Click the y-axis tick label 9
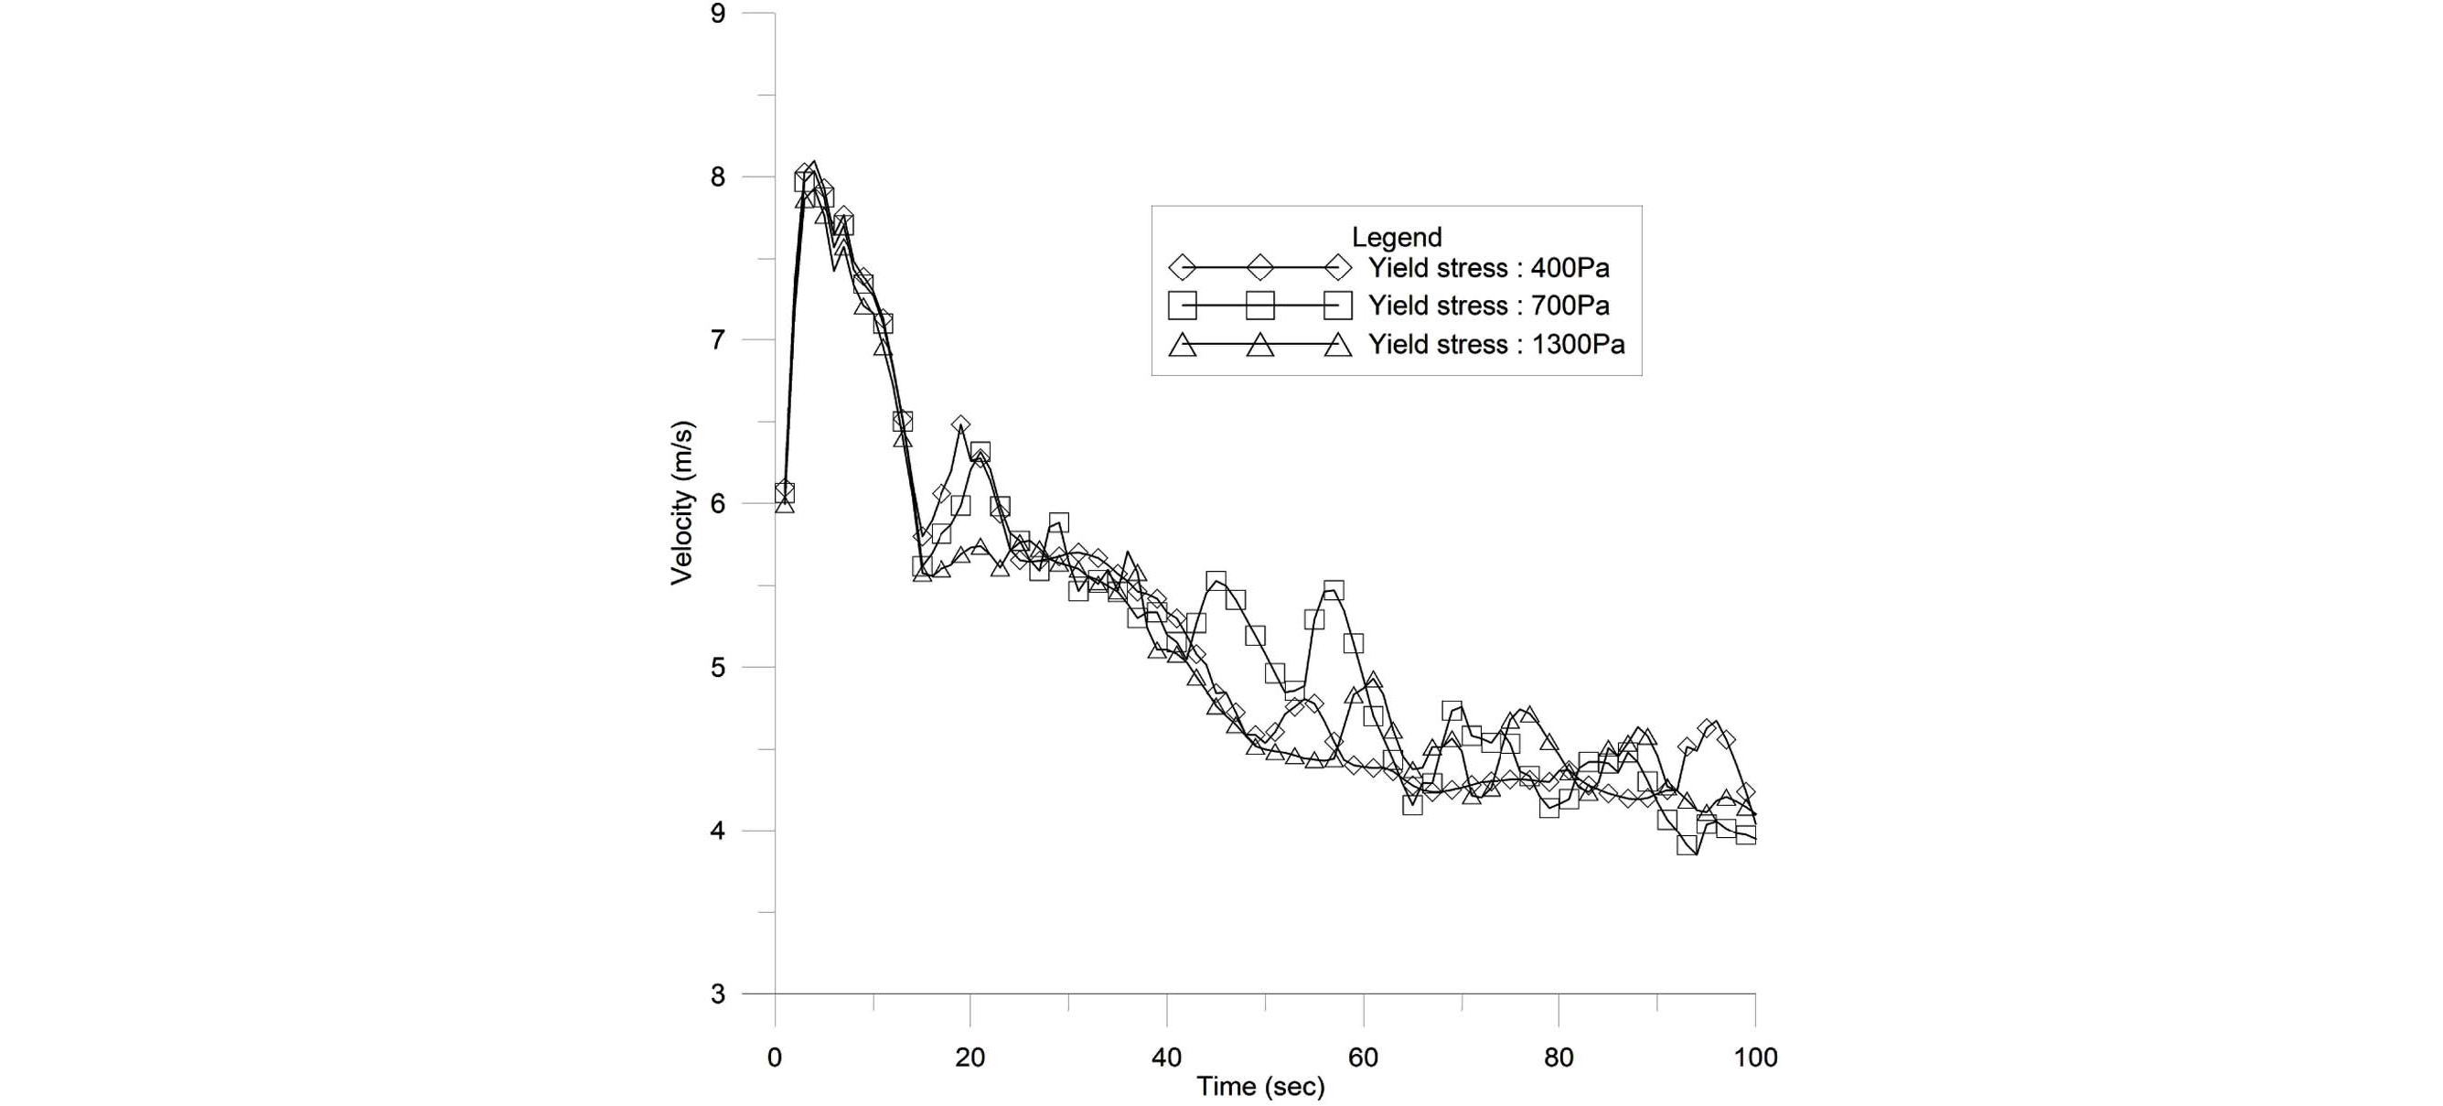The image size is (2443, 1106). click(718, 15)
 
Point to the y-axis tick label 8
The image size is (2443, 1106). click(718, 177)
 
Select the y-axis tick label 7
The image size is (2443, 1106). click(718, 340)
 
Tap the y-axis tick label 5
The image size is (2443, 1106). click(718, 668)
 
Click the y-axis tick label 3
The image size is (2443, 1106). click(718, 995)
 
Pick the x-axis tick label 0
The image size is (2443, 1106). click(775, 1057)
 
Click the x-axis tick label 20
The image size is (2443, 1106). click(970, 1057)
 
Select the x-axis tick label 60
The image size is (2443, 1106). click(1363, 1057)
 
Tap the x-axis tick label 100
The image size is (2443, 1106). click(1754, 1057)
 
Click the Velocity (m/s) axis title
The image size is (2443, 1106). click(682, 503)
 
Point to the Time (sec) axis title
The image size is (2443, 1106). click(1259, 1087)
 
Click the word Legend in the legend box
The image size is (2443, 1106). click(1396, 237)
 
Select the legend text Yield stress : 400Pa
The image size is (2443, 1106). click(1488, 268)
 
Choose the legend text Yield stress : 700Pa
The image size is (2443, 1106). click(1488, 306)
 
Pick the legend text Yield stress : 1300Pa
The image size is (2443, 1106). click(1495, 344)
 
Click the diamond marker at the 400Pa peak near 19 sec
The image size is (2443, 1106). click(960, 425)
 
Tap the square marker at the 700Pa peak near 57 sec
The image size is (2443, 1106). click(1334, 591)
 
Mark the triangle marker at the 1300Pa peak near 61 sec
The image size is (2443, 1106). click(1372, 681)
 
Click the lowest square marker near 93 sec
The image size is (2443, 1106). click(1687, 844)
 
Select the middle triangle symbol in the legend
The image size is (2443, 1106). click(1259, 345)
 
